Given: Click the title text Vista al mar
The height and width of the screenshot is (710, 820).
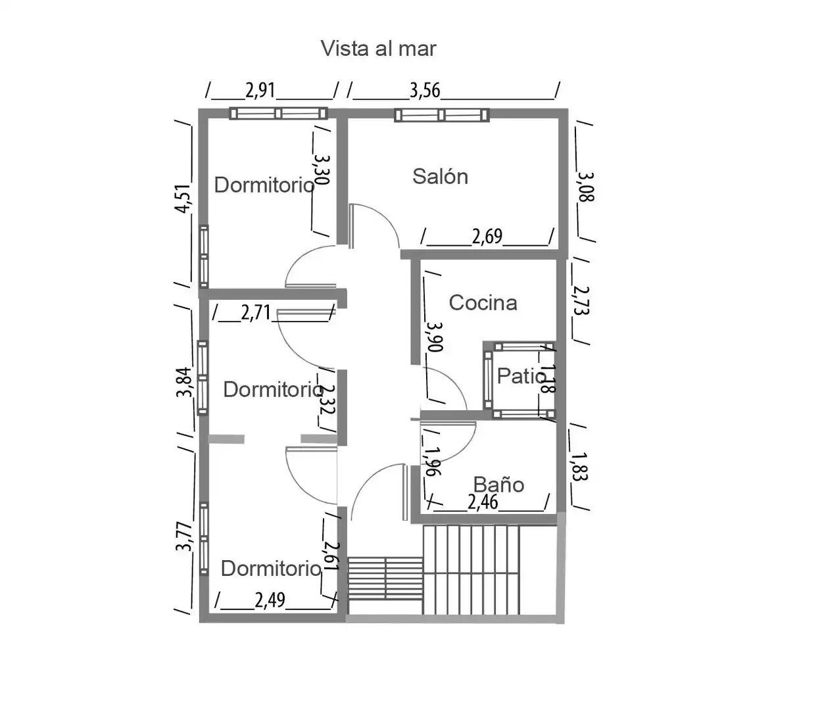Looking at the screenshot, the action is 379,49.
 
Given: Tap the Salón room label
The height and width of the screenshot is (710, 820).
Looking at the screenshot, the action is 440,176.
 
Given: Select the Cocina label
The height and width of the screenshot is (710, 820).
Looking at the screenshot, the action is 483,303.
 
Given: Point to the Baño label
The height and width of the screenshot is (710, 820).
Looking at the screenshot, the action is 498,485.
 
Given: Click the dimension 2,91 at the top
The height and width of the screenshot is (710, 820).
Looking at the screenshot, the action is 260,91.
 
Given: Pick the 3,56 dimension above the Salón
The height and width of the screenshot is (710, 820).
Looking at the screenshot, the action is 425,91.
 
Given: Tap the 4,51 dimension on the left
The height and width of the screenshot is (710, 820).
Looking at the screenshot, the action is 183,199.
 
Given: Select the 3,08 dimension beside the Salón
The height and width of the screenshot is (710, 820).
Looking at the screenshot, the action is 585,187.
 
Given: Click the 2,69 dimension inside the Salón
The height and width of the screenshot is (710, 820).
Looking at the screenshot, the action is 487,237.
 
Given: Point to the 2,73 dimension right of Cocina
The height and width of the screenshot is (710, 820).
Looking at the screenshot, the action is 581,300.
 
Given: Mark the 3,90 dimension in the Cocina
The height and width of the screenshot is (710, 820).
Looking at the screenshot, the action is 435,337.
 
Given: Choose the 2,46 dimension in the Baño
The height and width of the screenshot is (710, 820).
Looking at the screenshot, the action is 483,502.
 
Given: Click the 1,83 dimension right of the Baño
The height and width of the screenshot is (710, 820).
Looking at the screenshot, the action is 579,467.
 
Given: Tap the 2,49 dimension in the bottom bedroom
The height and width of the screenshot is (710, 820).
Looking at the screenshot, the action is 270,600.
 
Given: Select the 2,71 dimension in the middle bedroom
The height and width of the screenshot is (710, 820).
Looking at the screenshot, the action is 256,313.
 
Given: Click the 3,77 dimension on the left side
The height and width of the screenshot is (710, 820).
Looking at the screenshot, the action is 184,536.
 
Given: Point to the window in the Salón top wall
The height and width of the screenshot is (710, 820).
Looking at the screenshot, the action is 441,115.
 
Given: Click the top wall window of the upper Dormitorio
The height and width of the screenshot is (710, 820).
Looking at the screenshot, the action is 279,114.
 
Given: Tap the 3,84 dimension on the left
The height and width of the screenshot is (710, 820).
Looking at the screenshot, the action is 184,383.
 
